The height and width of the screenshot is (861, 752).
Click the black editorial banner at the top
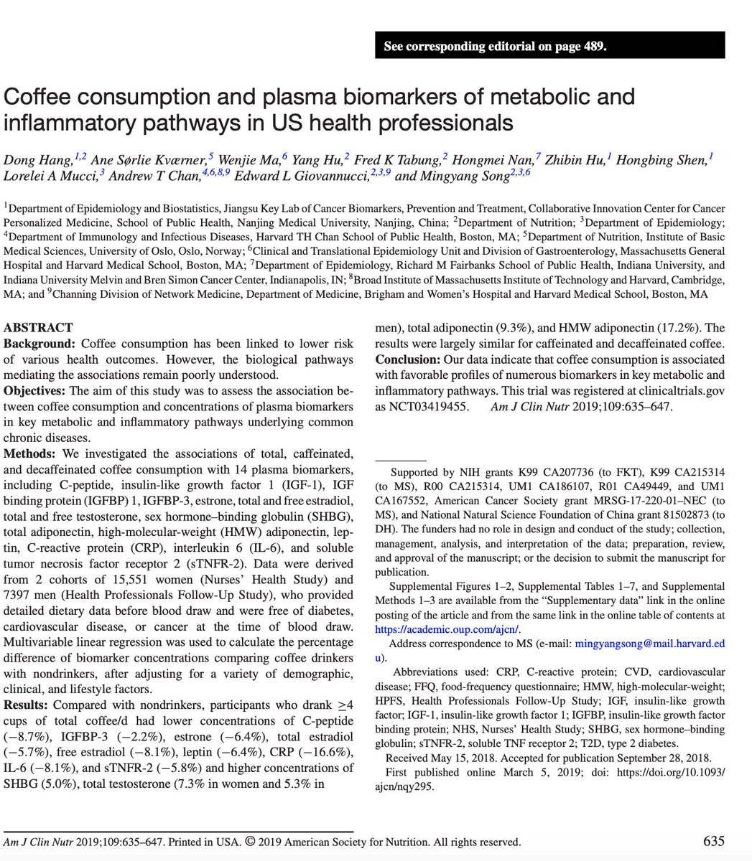pos(549,47)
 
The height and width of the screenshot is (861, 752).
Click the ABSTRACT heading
pos(38,328)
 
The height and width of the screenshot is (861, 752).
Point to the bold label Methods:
pos(30,454)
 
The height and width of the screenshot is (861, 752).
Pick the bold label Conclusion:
pos(409,359)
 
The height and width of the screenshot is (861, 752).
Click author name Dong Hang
pos(34,160)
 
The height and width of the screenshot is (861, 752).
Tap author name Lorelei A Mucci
pos(49,176)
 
